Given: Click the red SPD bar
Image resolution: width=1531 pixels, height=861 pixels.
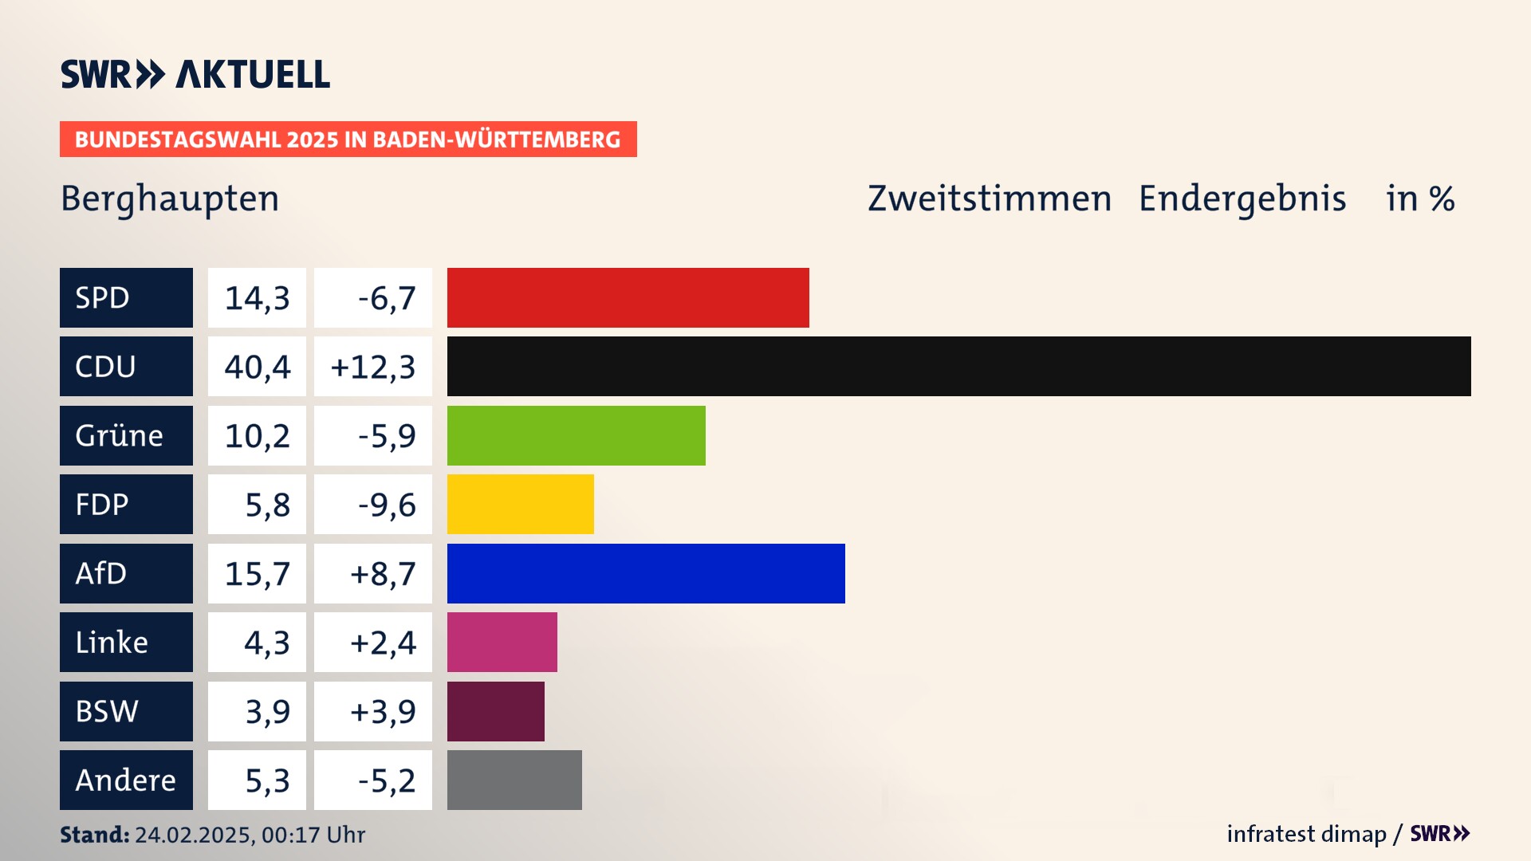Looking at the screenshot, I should click(628, 297).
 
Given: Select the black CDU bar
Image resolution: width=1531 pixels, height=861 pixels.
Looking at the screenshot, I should click(958, 366).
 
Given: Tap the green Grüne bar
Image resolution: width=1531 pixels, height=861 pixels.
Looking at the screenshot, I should click(576, 435).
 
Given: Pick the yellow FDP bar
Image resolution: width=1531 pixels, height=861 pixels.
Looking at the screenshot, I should click(520, 504).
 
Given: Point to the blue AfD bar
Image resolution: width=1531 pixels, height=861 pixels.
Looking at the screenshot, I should click(646, 573).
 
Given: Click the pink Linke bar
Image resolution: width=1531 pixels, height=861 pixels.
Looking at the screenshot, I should click(502, 642).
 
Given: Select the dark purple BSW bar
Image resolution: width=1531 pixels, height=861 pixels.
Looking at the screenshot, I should click(495, 711).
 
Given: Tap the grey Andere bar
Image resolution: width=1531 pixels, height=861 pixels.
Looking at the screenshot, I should click(514, 780).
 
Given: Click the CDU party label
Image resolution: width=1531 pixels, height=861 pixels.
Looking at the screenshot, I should click(126, 366).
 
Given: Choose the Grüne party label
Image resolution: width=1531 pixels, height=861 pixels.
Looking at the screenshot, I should click(126, 435).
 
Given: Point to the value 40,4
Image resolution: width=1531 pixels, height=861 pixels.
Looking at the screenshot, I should click(257, 367).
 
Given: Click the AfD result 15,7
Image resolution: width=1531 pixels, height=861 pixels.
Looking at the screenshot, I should click(257, 574).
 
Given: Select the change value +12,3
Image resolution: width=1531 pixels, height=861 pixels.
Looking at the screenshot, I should click(372, 367).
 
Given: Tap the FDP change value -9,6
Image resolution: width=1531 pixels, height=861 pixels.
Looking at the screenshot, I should click(386, 505).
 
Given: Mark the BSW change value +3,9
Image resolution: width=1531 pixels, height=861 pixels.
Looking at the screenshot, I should click(383, 711).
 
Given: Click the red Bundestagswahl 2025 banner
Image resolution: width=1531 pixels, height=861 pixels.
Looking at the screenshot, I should click(348, 140).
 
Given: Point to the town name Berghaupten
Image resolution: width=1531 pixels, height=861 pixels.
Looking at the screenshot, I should click(170, 199).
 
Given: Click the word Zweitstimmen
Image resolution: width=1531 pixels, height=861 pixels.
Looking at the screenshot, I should click(989, 199).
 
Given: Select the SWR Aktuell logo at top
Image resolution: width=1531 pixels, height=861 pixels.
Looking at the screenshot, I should click(195, 74).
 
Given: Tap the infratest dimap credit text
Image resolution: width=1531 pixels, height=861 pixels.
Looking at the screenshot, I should click(1306, 834).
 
